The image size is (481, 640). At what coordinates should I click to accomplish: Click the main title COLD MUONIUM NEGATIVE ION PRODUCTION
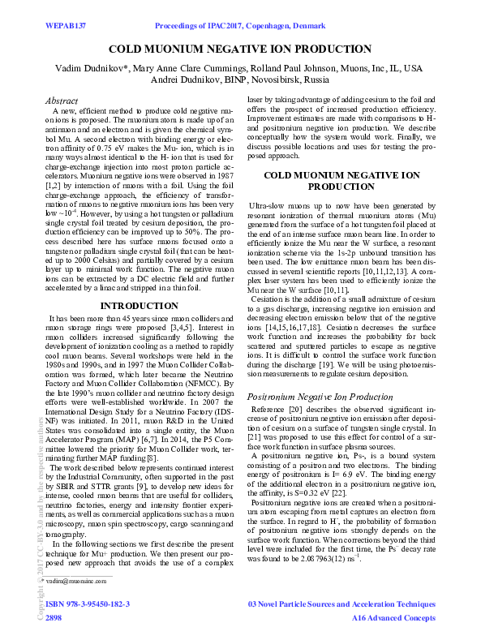coord(240,49)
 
